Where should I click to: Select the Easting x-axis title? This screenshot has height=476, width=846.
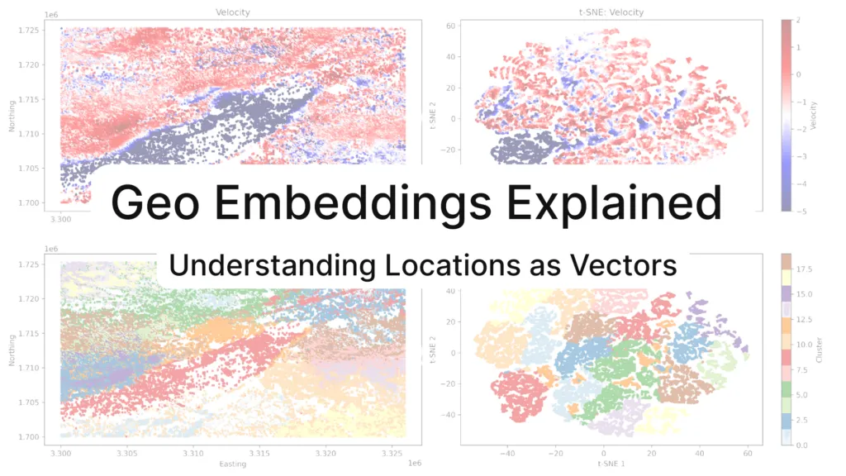click(x=232, y=464)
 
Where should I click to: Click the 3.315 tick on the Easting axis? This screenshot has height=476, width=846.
click(x=260, y=454)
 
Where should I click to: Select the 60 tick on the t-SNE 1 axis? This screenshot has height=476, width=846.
click(x=748, y=454)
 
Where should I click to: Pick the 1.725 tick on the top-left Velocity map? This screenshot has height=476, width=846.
click(x=31, y=30)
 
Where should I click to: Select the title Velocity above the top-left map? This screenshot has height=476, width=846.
click(x=232, y=12)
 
